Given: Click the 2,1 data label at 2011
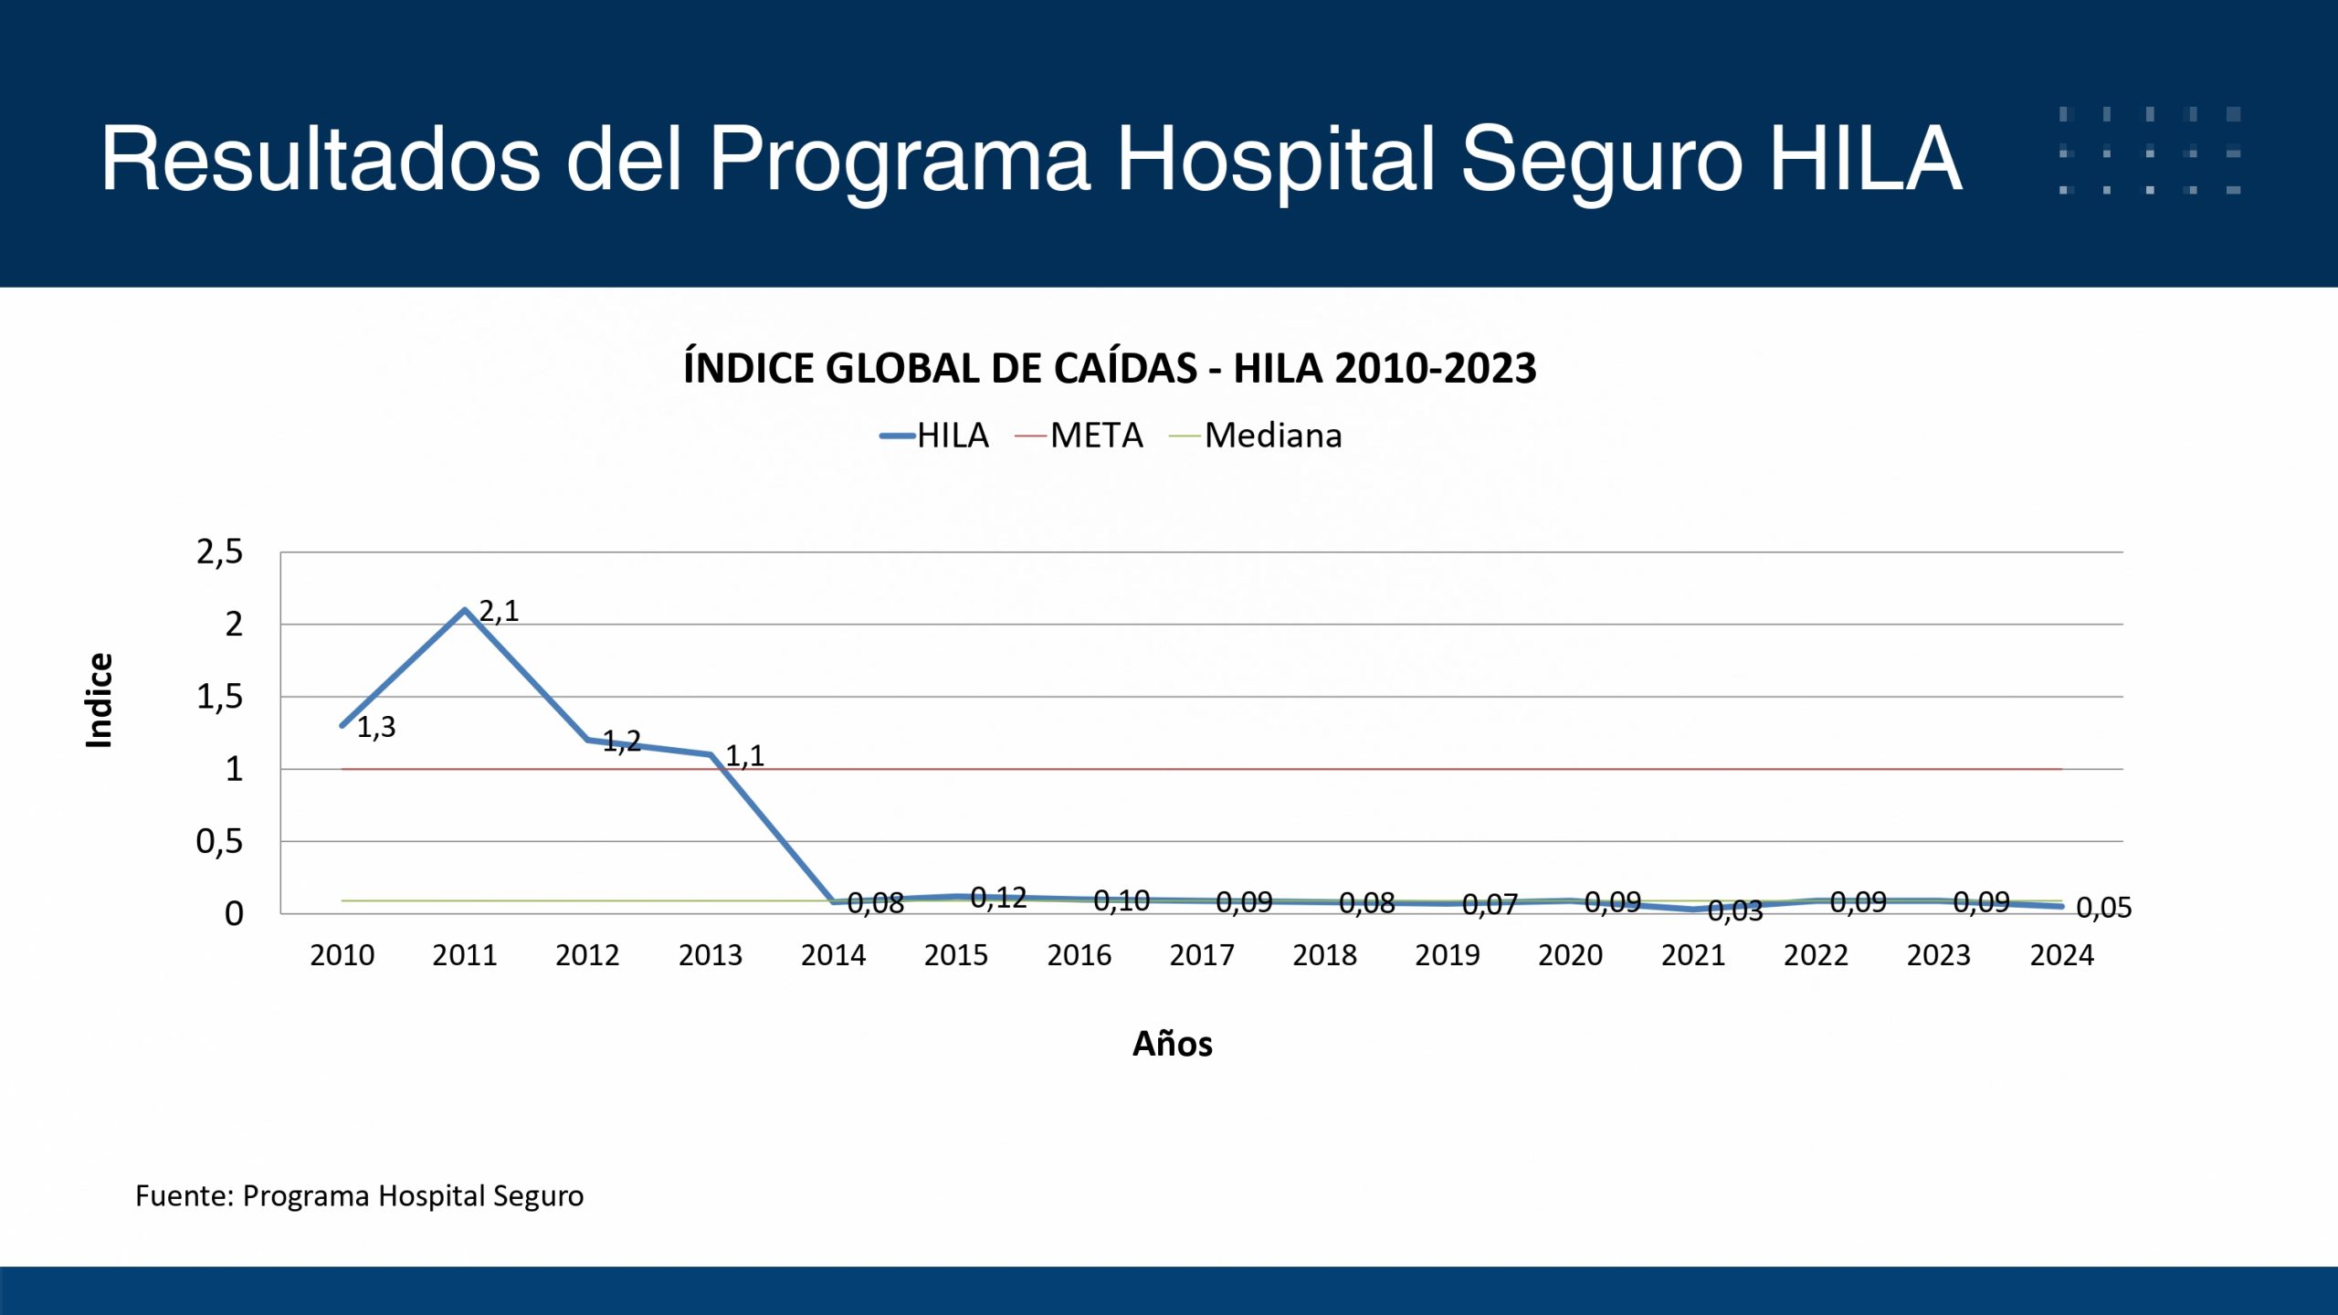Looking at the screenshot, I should (499, 611).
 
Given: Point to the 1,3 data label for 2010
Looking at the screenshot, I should (376, 728).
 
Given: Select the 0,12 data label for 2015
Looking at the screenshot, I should (998, 899).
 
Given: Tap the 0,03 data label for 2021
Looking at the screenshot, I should (1734, 910).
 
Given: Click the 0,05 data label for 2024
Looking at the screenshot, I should (2103, 908).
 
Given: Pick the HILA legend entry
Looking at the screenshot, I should (935, 436).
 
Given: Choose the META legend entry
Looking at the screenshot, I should (1080, 436).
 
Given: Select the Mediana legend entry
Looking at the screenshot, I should (1257, 436).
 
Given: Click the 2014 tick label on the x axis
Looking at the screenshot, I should (833, 955).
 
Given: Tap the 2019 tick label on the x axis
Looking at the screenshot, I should (1448, 955).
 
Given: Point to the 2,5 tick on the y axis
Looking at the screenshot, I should (220, 552).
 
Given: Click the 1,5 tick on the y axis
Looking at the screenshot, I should (220, 697).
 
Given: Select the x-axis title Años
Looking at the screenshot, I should (1173, 1044).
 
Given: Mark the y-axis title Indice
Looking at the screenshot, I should (99, 700).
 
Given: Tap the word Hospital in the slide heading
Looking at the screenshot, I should (1275, 159).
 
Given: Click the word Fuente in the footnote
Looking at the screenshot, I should (182, 1196).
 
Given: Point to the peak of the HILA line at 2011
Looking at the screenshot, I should (465, 609).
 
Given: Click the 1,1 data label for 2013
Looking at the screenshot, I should (744, 756).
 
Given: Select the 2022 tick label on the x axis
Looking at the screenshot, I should (1816, 955).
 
